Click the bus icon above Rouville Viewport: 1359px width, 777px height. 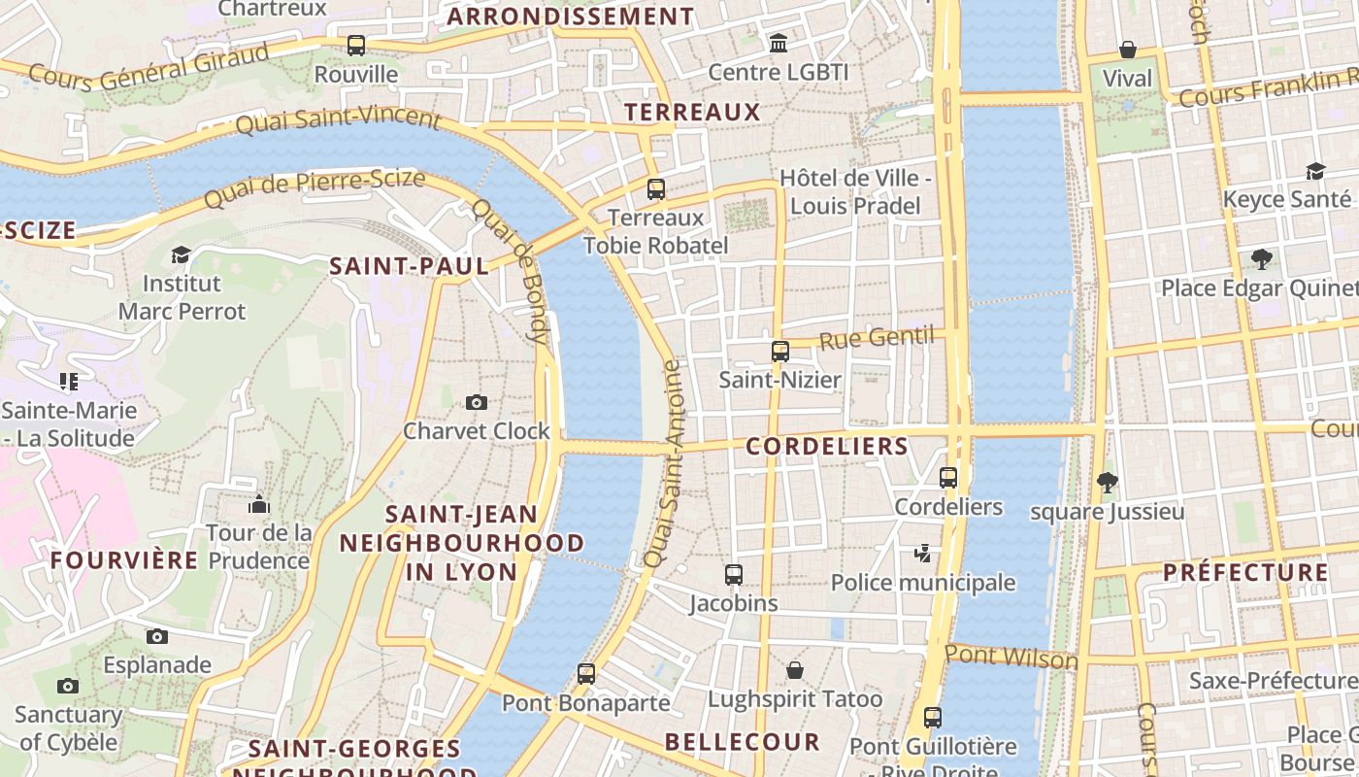click(x=356, y=45)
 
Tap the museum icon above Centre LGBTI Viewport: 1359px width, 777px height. click(x=779, y=44)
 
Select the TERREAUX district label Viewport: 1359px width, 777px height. click(x=692, y=112)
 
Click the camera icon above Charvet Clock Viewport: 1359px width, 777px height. click(x=476, y=402)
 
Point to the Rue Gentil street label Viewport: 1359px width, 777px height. click(x=876, y=339)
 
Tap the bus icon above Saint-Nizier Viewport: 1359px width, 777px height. click(x=779, y=351)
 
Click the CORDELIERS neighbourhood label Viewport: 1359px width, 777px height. click(x=827, y=447)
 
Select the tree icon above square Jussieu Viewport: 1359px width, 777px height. click(x=1106, y=482)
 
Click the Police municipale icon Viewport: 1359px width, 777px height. click(x=923, y=554)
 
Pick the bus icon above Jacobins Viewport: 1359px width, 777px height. click(x=734, y=575)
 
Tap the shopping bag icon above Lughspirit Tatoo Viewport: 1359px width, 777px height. click(x=795, y=670)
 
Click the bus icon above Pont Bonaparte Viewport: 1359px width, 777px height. click(x=585, y=673)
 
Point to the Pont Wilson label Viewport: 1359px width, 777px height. click(x=1011, y=658)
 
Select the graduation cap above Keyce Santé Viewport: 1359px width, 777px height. click(x=1315, y=171)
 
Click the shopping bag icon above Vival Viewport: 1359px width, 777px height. click(x=1128, y=50)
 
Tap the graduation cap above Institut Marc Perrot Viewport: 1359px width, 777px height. click(x=181, y=254)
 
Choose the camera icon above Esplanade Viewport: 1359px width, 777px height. click(x=156, y=637)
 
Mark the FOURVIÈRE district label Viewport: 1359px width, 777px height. click(x=124, y=560)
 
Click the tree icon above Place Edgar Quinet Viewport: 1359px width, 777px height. click(x=1261, y=259)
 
